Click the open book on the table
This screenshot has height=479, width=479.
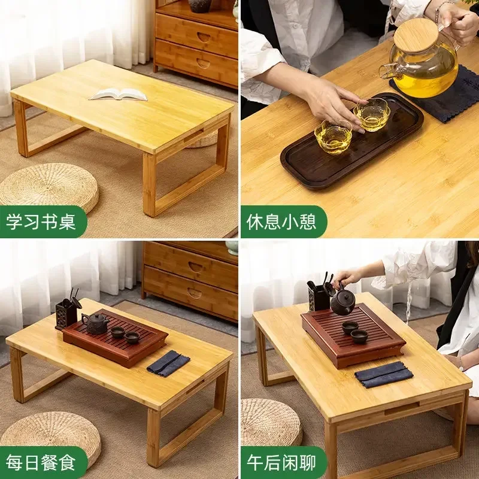118,94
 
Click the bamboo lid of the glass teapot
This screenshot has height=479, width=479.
416,34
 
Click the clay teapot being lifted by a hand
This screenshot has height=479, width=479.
343,302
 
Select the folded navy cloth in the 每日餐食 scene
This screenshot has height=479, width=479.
168,363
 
